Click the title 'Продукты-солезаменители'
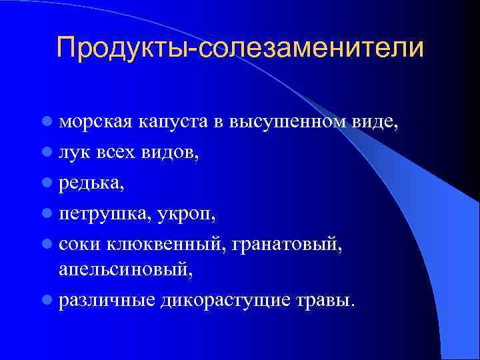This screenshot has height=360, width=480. pos(240,48)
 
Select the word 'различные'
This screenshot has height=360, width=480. pos(107,300)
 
